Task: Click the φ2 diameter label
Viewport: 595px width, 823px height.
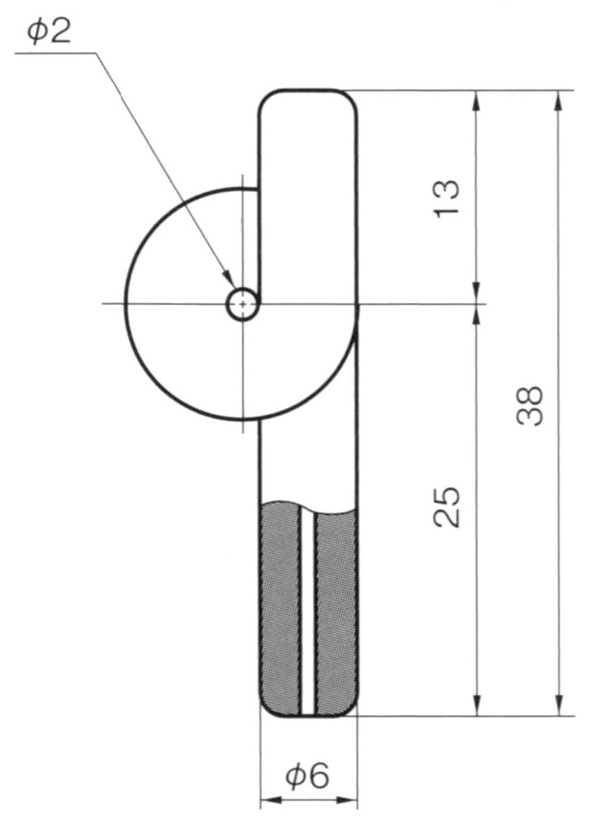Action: [x=49, y=32]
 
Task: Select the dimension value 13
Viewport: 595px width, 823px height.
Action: [x=447, y=197]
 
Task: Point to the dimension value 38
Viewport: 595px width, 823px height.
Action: [x=530, y=406]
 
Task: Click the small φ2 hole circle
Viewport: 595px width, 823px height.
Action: [x=242, y=304]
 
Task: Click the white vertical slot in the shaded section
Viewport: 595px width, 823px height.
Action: [x=308, y=612]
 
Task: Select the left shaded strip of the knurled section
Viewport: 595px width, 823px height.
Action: [x=280, y=609]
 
